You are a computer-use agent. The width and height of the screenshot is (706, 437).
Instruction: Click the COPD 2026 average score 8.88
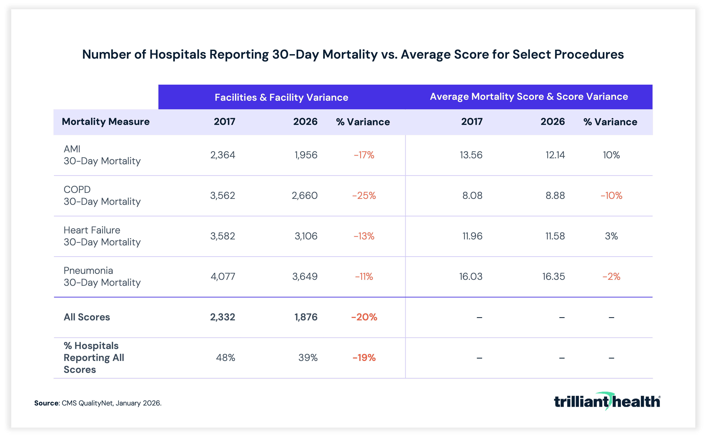555,196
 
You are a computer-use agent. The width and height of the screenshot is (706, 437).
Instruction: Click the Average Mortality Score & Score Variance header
529,97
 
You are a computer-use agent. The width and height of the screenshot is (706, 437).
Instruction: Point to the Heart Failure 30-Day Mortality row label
102,236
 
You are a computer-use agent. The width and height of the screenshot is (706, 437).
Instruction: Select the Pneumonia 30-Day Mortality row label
102,277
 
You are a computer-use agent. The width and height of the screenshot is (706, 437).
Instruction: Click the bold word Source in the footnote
46,403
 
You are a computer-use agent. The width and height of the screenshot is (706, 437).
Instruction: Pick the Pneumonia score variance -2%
611,277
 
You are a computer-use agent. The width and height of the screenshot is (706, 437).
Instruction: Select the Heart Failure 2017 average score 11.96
472,236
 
